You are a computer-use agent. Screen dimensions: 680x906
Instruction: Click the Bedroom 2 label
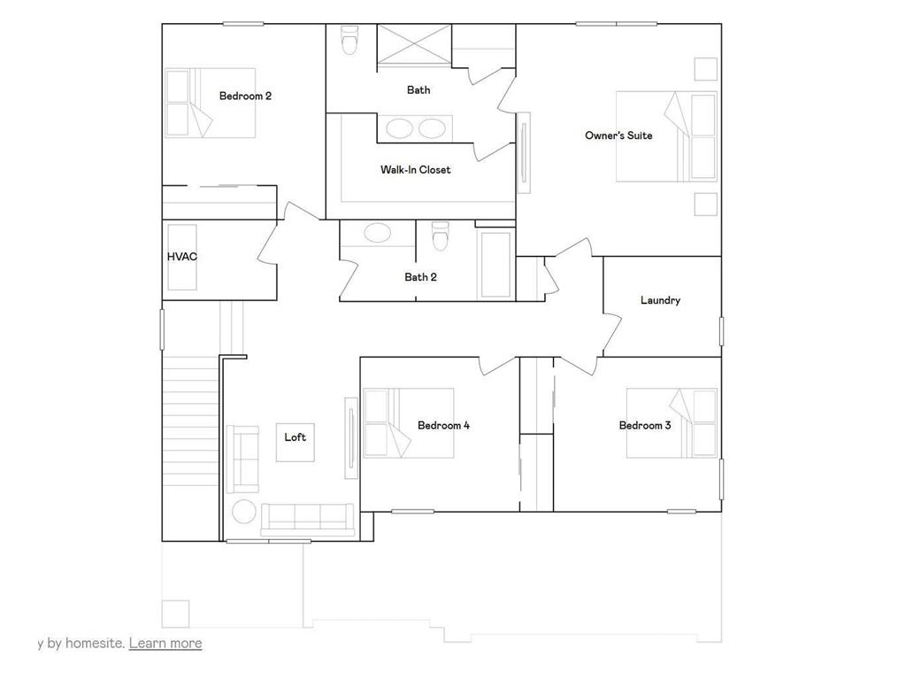[x=245, y=96]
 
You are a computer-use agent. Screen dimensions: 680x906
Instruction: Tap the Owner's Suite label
[x=618, y=135]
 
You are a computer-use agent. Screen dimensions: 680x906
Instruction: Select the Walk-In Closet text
[x=415, y=169]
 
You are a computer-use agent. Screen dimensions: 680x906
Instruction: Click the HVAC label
[x=181, y=257]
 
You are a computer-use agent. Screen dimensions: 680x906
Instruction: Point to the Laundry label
[x=660, y=300]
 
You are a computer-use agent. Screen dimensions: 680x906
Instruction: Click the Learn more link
[x=165, y=643]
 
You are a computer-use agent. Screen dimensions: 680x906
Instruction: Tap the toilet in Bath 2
[x=440, y=236]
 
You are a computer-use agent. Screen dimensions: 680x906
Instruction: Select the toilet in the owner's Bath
[x=350, y=40]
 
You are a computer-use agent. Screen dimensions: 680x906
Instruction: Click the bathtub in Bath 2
[x=495, y=264]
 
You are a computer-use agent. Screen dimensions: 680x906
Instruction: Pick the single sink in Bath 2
[x=378, y=234]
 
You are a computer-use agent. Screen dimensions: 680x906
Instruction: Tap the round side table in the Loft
[x=243, y=512]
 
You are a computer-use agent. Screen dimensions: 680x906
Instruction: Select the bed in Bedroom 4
[x=409, y=423]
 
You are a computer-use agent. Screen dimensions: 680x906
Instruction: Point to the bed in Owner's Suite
[x=665, y=136]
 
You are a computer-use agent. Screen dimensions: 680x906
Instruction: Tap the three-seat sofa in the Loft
[x=307, y=517]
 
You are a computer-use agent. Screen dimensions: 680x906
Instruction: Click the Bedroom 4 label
[x=443, y=426]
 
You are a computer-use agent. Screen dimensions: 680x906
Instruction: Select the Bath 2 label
[x=420, y=277]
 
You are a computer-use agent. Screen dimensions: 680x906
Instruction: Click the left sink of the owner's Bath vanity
[x=399, y=128]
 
